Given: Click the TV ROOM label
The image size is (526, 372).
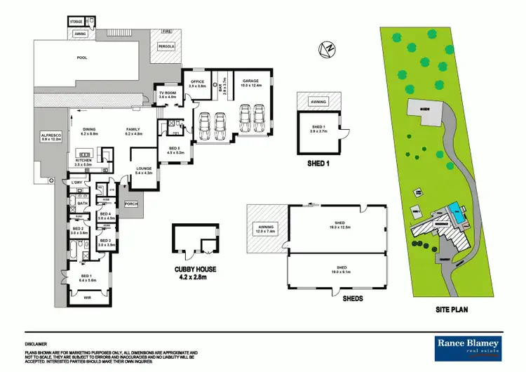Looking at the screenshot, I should (167, 95).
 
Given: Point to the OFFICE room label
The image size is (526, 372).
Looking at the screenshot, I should (197, 84).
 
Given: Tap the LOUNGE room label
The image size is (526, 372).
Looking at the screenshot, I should (143, 170).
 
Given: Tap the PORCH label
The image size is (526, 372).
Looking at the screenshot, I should (130, 204).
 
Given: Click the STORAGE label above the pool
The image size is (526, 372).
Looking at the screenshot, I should (76, 22).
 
